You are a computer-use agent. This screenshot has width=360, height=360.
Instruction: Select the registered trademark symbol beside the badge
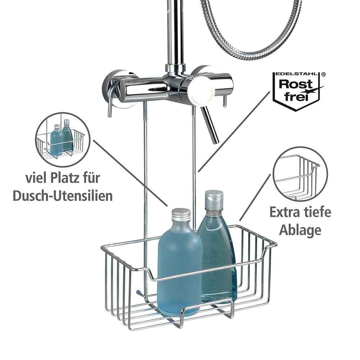coord(323,74)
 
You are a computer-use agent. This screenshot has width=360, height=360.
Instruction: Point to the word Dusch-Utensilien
coord(63,196)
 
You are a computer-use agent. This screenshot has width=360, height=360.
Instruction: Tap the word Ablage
coord(300,230)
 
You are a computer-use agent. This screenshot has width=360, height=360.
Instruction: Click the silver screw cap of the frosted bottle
coord(181,215)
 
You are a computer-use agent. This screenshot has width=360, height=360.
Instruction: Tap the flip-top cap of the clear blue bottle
coord(214,199)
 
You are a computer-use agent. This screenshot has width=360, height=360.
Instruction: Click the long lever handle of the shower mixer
coord(209,125)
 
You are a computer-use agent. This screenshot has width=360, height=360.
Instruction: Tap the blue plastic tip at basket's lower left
coord(139,292)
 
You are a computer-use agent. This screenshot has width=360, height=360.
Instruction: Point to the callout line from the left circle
coord(130,173)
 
